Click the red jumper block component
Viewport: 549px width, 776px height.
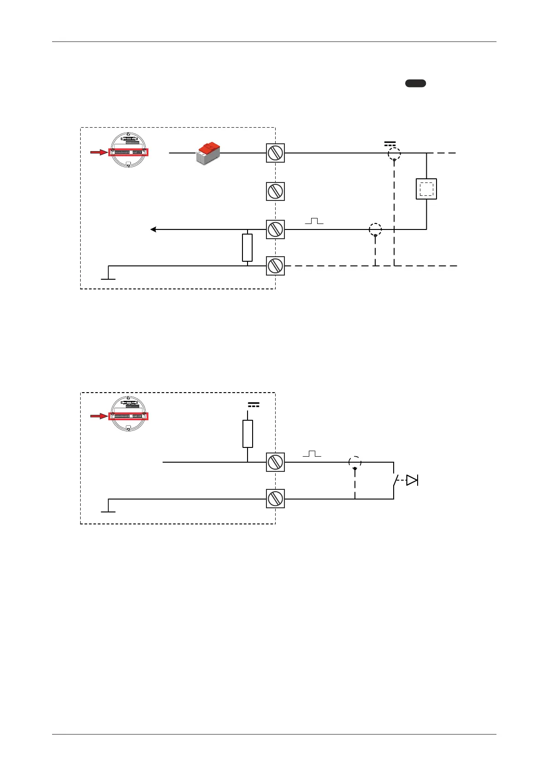(208, 153)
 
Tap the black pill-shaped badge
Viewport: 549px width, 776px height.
(415, 83)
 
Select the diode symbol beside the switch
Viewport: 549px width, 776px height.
(412, 480)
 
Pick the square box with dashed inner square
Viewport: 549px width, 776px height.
(426, 189)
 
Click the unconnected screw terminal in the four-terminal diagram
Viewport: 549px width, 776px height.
(275, 191)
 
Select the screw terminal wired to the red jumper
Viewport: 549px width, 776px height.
(275, 153)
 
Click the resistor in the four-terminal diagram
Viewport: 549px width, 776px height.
(248, 247)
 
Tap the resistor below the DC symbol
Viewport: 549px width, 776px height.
(248, 434)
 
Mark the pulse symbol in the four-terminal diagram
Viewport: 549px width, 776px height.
(314, 221)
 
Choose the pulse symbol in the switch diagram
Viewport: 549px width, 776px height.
(312, 454)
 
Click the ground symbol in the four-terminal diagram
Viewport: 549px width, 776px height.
(108, 276)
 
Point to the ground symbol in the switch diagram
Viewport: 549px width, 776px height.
(108, 509)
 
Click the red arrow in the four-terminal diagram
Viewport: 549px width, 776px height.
(99, 152)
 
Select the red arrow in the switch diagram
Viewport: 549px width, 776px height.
(99, 416)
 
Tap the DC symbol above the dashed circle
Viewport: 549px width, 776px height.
(390, 144)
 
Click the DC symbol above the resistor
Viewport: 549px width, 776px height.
(253, 405)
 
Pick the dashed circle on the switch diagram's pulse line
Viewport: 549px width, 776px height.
(354, 462)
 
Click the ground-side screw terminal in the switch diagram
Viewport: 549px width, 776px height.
(275, 499)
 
